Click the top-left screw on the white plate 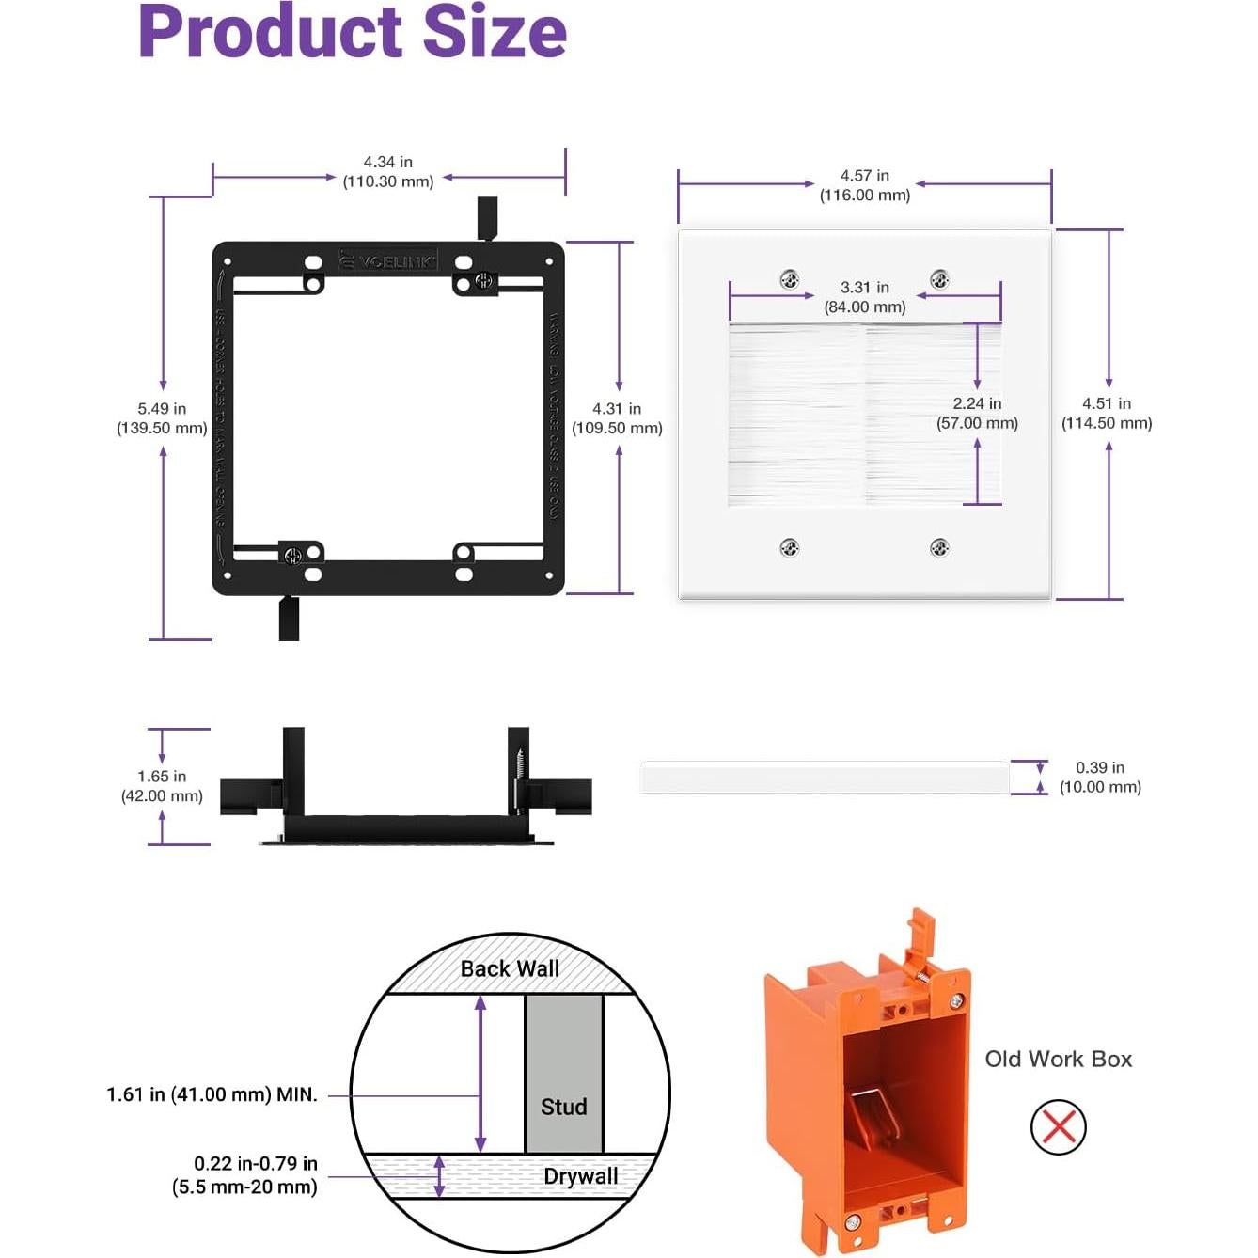[x=790, y=279]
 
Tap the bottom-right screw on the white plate [x=939, y=547]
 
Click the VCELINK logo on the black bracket [x=389, y=261]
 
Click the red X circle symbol [x=1058, y=1126]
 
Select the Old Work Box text [x=1058, y=1059]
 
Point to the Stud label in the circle [x=563, y=1107]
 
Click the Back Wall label [x=510, y=968]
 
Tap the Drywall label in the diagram [x=580, y=1176]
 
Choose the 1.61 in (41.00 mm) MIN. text [x=212, y=1094]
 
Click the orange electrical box [x=865, y=1081]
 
